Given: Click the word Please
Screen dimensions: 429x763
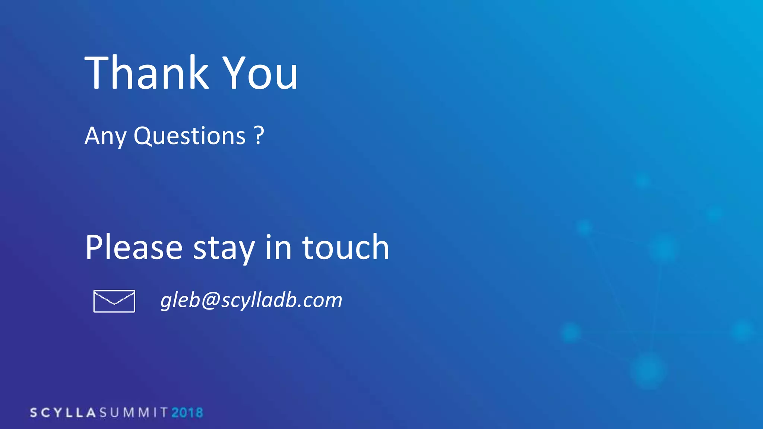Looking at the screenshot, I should pos(134,248).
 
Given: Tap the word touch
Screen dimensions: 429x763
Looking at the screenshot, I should pos(345,247).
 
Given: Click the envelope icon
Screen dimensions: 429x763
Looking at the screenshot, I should pos(114,301).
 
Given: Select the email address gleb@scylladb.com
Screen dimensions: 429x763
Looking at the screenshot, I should pos(251,300).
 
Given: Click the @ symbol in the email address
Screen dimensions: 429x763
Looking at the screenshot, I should pos(211,300).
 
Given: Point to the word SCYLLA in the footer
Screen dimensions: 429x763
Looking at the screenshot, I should pos(63,413).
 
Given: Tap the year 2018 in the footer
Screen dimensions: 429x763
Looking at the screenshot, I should pos(187,413).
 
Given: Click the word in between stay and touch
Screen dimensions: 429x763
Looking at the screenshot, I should pos(278,247).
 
